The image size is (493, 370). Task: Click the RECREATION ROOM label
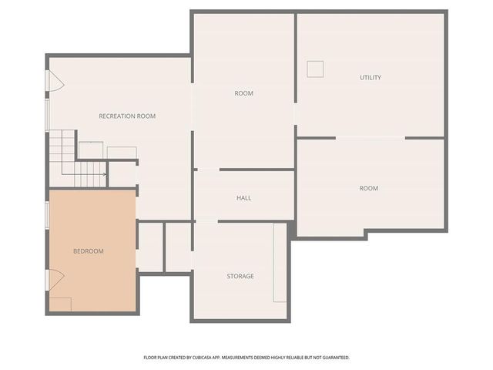[127, 116]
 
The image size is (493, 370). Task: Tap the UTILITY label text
[371, 78]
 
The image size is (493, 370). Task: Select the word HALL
[243, 198]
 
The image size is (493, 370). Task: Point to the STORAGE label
[240, 276]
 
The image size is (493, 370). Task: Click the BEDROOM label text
[88, 251]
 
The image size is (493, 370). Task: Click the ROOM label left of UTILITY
[243, 93]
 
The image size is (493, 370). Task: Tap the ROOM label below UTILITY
[368, 188]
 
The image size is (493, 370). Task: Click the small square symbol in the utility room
[315, 69]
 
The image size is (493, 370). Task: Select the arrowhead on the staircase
[103, 175]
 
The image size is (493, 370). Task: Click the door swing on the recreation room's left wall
[55, 80]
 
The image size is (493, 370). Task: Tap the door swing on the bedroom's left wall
[55, 278]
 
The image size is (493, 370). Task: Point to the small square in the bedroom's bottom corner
[61, 304]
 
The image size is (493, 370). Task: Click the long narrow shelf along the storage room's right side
[280, 263]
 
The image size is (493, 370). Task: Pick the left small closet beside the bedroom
[150, 247]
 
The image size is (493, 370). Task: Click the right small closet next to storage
[178, 247]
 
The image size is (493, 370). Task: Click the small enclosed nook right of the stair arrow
[122, 174]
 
